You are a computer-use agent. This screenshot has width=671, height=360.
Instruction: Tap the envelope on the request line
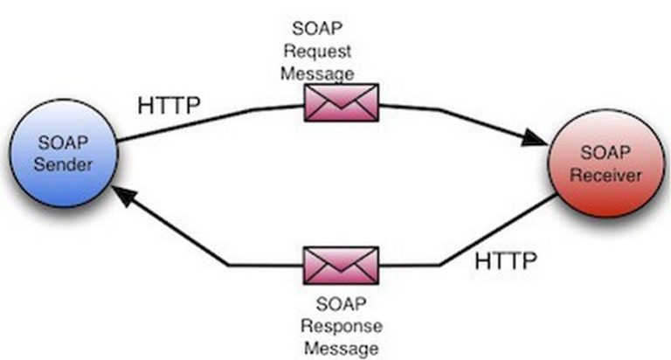(341, 103)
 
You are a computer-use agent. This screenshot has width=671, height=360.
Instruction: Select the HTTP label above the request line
(169, 105)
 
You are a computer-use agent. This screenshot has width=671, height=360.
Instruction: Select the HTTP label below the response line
(507, 260)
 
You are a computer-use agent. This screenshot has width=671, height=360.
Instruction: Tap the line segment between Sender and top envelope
(210, 121)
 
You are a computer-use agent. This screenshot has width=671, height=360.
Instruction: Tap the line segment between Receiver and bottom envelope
(489, 236)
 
